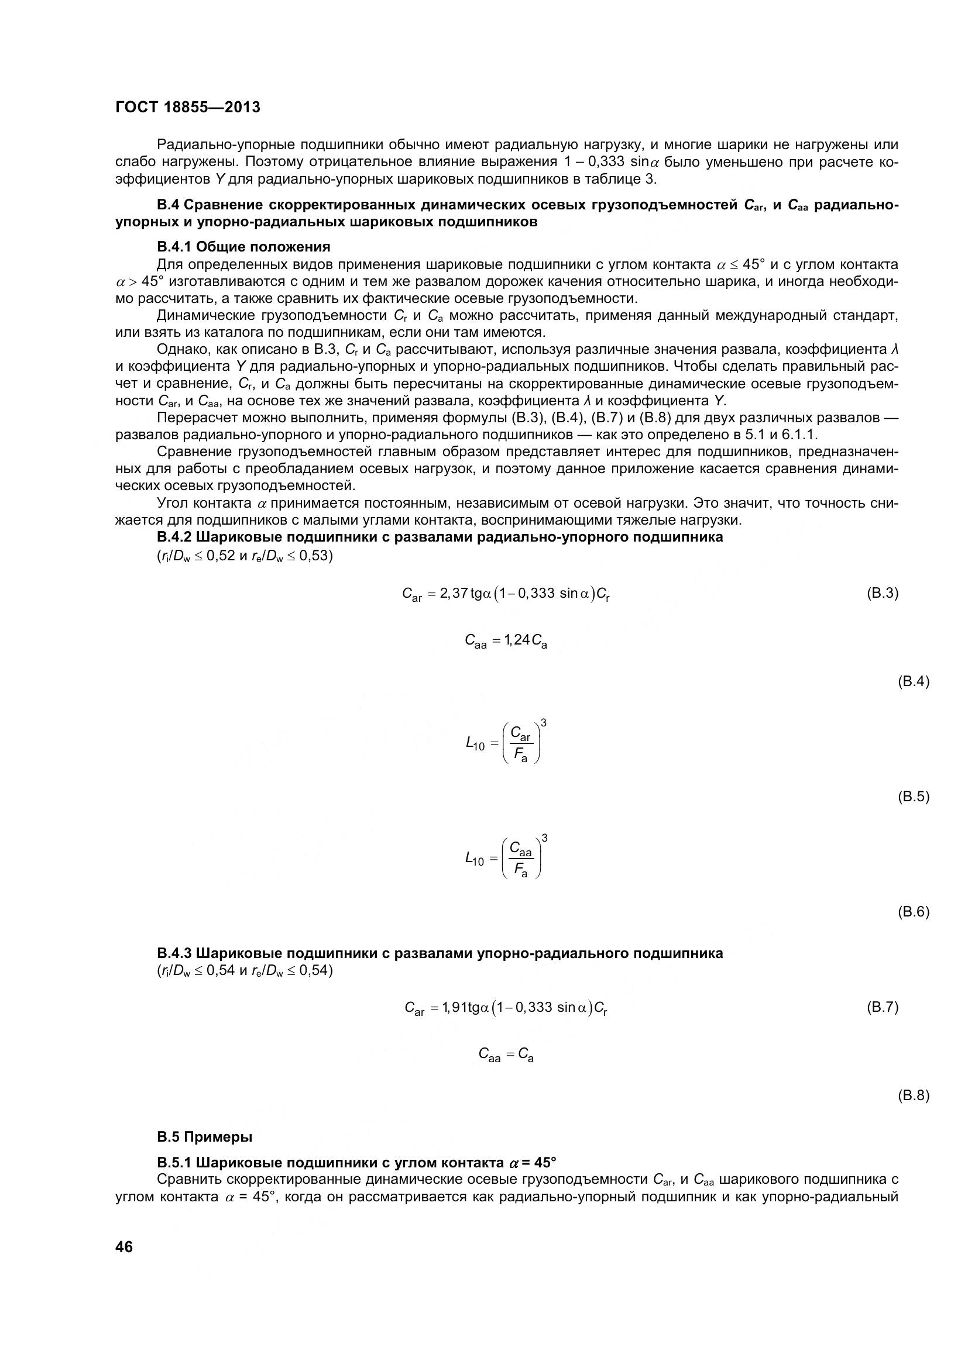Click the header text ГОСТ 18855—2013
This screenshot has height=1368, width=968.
[x=188, y=107]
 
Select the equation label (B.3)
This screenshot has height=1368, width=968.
[x=881, y=593]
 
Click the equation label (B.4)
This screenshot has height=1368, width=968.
[x=913, y=681]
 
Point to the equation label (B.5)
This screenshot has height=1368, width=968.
[x=913, y=797]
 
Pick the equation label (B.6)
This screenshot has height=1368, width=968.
[x=913, y=912]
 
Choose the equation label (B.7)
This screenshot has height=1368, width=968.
[x=881, y=1007]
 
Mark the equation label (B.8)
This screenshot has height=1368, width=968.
[x=913, y=1095]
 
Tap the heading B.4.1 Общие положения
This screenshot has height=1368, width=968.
[x=243, y=246]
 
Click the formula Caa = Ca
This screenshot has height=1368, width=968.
[x=506, y=1055]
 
